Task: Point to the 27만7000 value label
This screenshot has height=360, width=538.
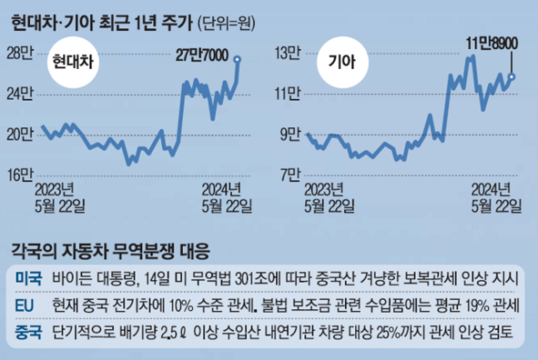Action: tap(205, 55)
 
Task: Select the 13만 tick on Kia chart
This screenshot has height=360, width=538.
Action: tap(288, 54)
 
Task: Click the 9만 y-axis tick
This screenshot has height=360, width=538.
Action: tap(290, 134)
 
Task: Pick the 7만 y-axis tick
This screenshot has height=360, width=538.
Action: tap(290, 174)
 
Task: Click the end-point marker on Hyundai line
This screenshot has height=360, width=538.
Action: tap(239, 59)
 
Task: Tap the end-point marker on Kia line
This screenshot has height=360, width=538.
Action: tap(511, 77)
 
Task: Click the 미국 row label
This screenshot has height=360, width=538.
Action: tap(28, 277)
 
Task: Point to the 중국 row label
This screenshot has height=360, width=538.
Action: tap(28, 334)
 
